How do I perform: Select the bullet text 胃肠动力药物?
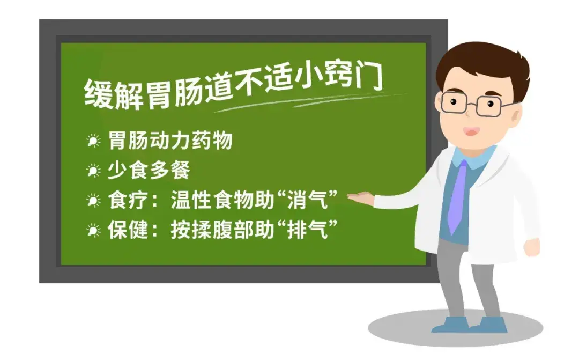click(170, 141)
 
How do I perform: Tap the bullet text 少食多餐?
click(149, 171)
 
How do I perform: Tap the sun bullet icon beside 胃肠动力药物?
click(93, 142)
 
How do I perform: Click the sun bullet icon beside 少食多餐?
click(93, 171)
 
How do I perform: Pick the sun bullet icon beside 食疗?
click(93, 201)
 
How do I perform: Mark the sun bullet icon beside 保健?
click(93, 231)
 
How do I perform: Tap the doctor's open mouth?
click(471, 130)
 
